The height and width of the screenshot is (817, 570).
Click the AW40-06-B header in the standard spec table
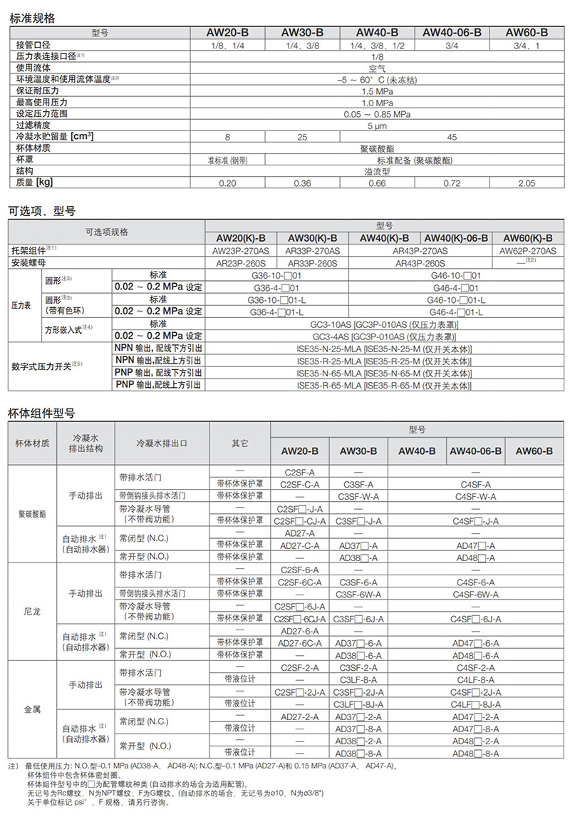[452, 33]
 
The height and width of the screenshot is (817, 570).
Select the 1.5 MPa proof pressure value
[377, 92]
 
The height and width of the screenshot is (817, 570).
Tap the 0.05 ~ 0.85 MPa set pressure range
[377, 114]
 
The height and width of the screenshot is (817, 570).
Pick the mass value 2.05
[527, 183]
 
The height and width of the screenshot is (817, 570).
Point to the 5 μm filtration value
[377, 125]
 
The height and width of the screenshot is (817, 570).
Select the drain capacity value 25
[302, 137]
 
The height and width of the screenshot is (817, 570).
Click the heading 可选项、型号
[41, 211]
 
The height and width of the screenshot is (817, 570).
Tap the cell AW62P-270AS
[529, 250]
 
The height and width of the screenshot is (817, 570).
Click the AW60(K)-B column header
[529, 238]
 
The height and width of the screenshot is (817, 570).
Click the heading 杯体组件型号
[41, 413]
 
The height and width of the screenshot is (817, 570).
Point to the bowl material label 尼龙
[32, 611]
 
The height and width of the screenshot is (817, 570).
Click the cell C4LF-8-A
[472, 680]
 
